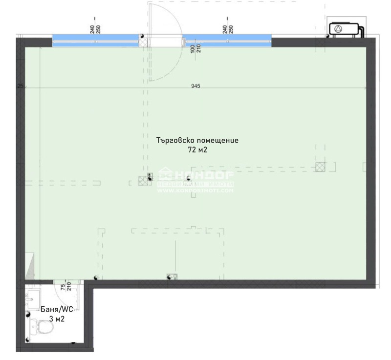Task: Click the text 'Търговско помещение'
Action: [197, 140]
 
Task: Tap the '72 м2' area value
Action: [197, 150]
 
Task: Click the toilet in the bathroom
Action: [37, 328]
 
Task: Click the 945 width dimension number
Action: [195, 86]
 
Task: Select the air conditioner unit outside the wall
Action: [347, 30]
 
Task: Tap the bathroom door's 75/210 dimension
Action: [66, 287]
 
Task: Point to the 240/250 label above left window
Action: [95, 29]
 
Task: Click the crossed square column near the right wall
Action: [320, 167]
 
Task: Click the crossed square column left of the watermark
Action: [143, 180]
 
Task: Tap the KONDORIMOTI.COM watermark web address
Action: [195, 191]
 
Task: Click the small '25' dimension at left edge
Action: [20, 86]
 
